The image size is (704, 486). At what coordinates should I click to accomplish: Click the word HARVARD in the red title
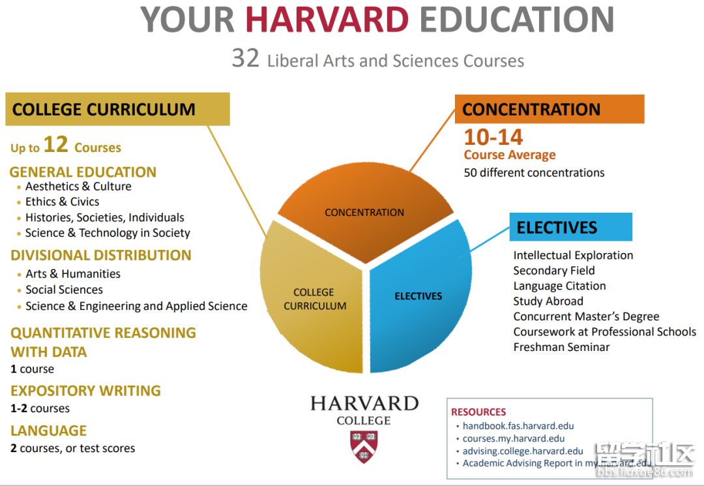click(x=327, y=20)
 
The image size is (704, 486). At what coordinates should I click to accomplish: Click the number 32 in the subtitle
click(x=246, y=59)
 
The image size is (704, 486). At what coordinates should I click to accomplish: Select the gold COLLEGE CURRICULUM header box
click(x=117, y=109)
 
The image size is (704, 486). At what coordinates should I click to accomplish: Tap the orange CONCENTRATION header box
click(x=550, y=109)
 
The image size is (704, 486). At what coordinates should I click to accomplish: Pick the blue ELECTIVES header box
click(x=570, y=227)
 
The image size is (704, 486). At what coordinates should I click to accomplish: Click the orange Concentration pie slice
click(x=365, y=207)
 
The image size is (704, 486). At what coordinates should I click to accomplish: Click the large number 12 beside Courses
click(x=55, y=144)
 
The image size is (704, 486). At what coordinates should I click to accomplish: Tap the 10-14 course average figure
click(x=493, y=137)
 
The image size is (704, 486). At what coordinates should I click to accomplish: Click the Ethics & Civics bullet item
click(x=62, y=202)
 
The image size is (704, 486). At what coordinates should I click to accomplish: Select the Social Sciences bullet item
click(x=64, y=290)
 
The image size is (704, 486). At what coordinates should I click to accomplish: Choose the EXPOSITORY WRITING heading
click(x=86, y=390)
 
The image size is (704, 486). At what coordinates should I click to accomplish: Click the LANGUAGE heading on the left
click(x=48, y=431)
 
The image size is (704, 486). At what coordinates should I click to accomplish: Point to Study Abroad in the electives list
click(x=548, y=301)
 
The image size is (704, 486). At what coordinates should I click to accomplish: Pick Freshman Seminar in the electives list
click(x=562, y=347)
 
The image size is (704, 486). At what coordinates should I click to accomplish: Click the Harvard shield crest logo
click(x=364, y=446)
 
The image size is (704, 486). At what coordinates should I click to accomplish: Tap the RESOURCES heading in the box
click(x=478, y=412)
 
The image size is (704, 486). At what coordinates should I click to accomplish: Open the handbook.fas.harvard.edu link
click(x=518, y=426)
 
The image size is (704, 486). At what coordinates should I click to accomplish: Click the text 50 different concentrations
click(x=535, y=173)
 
